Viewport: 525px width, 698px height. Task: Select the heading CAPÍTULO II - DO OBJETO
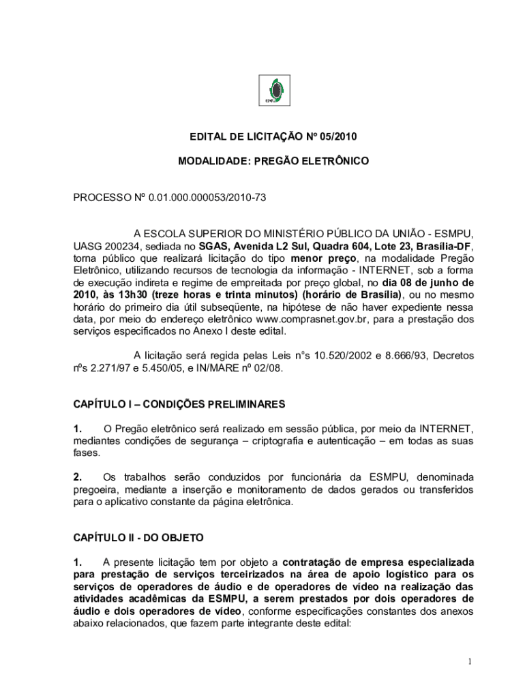138,538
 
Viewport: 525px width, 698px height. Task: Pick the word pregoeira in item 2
94,489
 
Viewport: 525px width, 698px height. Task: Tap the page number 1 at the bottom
470,662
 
